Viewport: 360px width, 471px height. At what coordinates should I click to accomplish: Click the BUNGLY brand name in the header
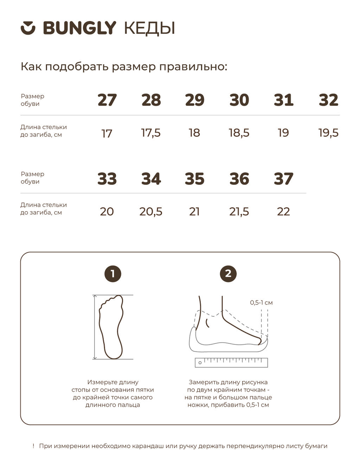79,28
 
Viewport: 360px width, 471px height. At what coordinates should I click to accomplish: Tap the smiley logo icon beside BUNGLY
28,28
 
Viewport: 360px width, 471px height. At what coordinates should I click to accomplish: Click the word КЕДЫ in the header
149,28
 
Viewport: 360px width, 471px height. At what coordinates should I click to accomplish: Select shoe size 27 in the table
107,100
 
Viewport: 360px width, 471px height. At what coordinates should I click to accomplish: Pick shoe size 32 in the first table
328,100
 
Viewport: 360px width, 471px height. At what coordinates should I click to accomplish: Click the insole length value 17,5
151,133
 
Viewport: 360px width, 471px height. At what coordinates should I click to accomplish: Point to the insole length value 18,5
239,133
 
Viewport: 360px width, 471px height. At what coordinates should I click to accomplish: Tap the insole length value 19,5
328,133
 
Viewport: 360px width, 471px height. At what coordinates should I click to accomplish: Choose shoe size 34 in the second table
151,179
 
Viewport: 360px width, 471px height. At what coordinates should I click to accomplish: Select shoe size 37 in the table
283,179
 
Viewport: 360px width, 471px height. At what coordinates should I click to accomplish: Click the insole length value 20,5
151,212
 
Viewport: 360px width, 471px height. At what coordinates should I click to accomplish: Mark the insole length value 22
283,212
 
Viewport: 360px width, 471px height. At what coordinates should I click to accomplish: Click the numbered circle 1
113,274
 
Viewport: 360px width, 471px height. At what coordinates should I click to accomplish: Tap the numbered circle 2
228,274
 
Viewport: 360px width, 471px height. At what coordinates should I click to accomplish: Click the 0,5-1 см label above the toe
261,303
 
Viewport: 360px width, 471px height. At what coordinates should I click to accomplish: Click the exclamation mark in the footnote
33,446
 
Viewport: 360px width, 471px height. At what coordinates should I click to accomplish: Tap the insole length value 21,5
239,212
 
